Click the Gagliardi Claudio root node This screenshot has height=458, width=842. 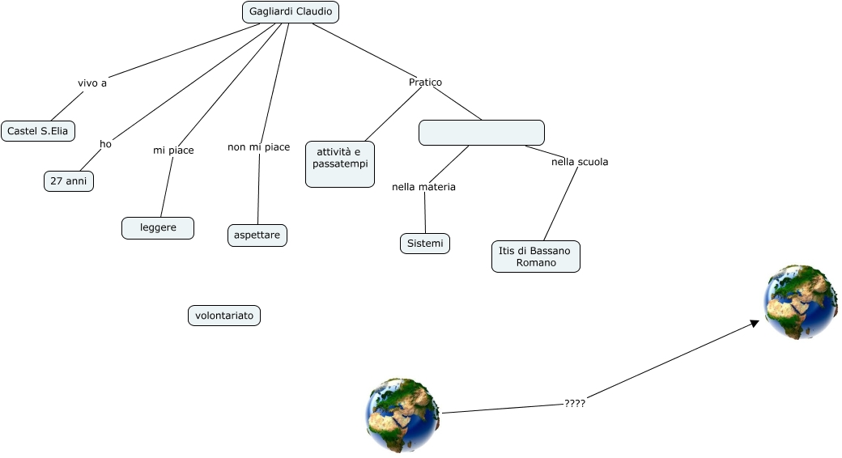[291, 12]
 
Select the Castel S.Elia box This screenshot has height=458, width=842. [38, 131]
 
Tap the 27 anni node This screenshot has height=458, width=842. [69, 181]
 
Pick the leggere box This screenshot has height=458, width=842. [158, 228]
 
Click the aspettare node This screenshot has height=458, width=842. [257, 235]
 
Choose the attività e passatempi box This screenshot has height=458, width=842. [340, 164]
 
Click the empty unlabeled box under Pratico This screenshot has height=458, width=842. [482, 133]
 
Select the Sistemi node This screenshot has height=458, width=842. [425, 243]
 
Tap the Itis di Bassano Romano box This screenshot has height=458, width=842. [535, 257]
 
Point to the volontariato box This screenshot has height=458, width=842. [224, 316]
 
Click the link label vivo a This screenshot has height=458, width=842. [92, 83]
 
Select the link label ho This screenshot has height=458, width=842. [105, 144]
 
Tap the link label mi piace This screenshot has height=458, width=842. [174, 151]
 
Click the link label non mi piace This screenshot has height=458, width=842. [259, 147]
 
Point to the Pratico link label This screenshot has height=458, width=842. [425, 83]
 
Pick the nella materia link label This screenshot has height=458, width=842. [423, 187]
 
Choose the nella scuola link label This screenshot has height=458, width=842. [580, 162]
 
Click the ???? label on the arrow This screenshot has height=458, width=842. [575, 403]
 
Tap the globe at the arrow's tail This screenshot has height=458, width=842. [402, 415]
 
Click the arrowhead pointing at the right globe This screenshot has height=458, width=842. [755, 323]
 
